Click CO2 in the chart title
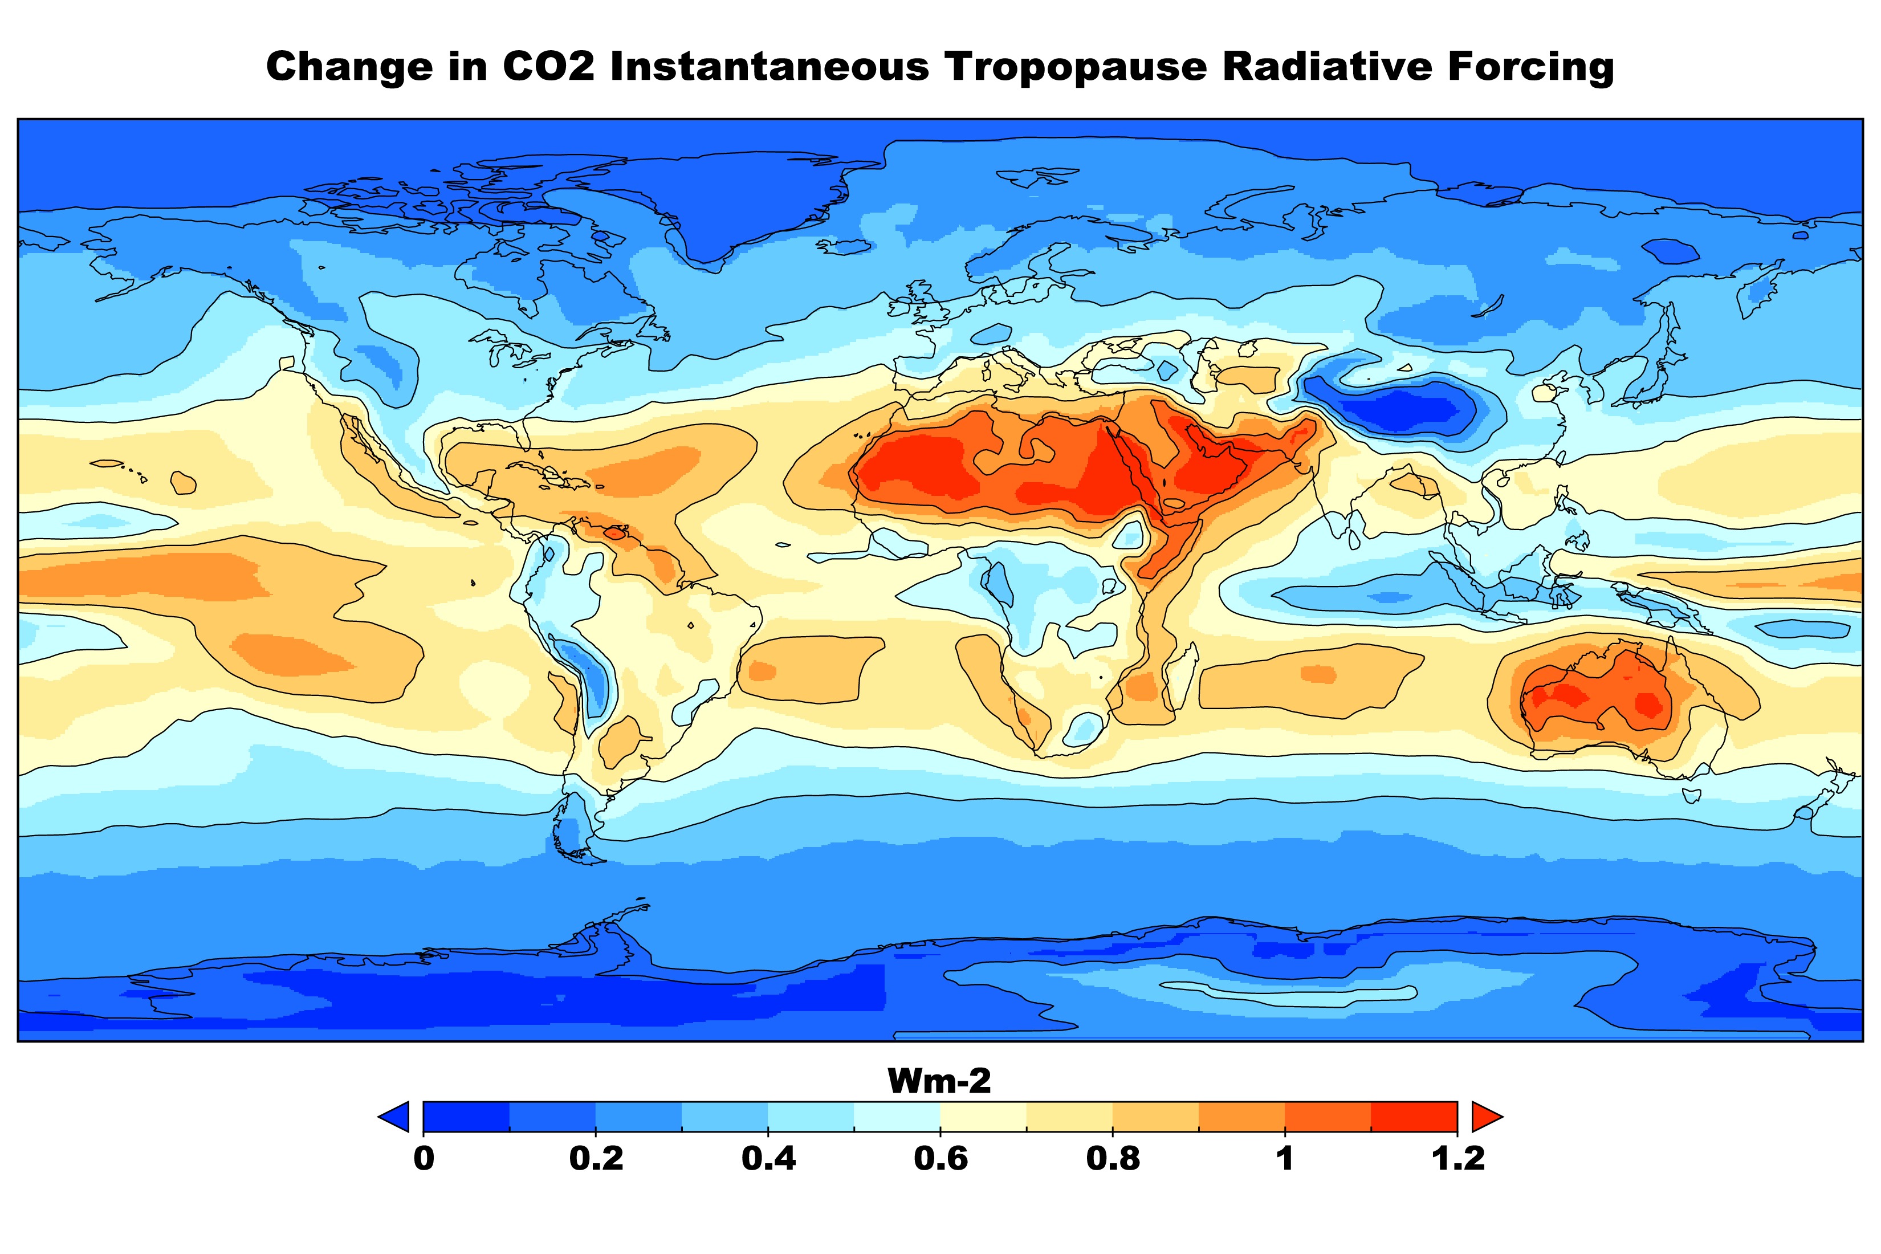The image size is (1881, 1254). pyautogui.click(x=548, y=66)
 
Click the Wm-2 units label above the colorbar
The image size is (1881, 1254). pyautogui.click(x=940, y=1081)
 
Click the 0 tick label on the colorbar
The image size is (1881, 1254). pyautogui.click(x=424, y=1159)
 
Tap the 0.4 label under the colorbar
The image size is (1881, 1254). pyautogui.click(x=768, y=1159)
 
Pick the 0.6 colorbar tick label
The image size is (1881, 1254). pyautogui.click(x=940, y=1159)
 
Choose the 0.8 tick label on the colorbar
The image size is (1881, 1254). pyautogui.click(x=1113, y=1159)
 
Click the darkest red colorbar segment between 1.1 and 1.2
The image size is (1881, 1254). pyautogui.click(x=1414, y=1117)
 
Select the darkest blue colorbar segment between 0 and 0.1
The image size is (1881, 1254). pyautogui.click(x=466, y=1117)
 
